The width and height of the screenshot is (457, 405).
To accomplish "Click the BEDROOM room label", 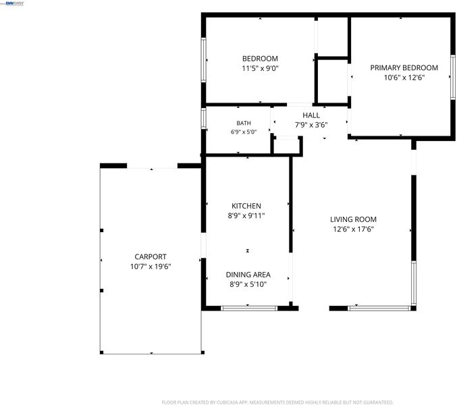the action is coord(260,59).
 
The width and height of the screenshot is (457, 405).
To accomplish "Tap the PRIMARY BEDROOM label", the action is coord(404,67).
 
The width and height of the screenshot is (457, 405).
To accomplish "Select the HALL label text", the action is coord(311,115).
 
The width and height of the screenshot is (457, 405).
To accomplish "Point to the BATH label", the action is coord(244,124).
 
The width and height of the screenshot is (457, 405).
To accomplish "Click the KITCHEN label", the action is coord(246,206).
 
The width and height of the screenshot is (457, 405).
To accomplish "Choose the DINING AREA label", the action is coord(248,275).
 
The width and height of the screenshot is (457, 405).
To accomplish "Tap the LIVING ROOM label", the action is coord(353,219).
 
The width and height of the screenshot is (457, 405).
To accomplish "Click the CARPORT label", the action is coord(151,256).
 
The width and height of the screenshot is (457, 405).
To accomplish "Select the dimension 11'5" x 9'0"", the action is coord(261,68).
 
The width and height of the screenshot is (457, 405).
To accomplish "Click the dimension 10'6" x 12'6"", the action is coord(404,78).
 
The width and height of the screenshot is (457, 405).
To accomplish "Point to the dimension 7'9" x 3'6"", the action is coord(311,125).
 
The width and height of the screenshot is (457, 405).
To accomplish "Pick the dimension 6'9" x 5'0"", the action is coord(244,132).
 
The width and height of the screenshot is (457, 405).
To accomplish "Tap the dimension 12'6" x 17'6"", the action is coord(353,230).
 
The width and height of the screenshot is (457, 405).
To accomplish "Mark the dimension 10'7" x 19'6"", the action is coord(151,267).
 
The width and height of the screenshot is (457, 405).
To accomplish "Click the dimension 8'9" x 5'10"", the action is coord(248,284).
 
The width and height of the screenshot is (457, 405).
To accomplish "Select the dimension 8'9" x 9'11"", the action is coord(246,216).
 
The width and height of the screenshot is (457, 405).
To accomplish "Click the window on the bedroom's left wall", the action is coord(203,59).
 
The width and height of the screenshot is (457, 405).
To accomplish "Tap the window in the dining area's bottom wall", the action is coord(249,308).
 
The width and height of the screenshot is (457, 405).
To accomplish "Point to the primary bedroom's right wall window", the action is coord(453,77).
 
